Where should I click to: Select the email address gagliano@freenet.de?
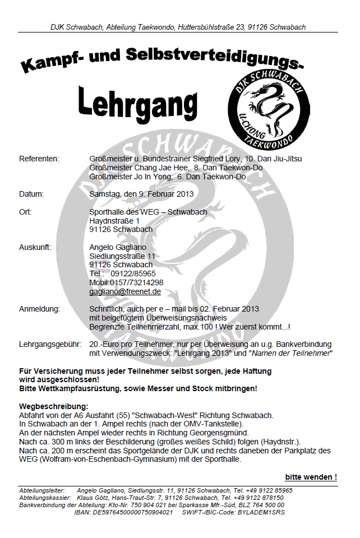[x=125, y=291]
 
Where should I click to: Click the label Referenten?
[x=39, y=159]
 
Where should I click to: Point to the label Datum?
[x=31, y=194]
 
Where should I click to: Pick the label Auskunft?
[x=35, y=247]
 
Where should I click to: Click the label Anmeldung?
[x=39, y=309]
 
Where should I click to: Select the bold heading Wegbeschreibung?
[x=54, y=405]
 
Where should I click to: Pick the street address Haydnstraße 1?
[x=114, y=221]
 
